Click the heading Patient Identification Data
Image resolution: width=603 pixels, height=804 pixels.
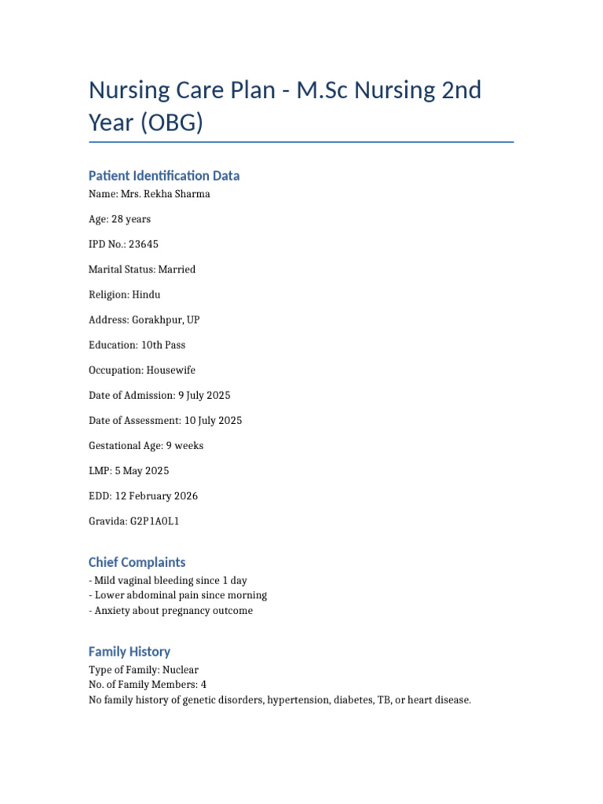pyautogui.click(x=164, y=175)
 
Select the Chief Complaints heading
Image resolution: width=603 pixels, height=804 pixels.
pyautogui.click(x=137, y=562)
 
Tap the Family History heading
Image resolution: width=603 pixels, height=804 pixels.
pyautogui.click(x=130, y=652)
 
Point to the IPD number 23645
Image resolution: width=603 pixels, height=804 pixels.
pyautogui.click(x=144, y=244)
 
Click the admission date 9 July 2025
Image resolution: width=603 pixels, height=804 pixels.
pyautogui.click(x=204, y=395)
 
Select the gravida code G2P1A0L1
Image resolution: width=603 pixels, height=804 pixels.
pyautogui.click(x=157, y=521)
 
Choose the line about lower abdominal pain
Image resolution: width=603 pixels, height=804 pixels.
pyautogui.click(x=181, y=595)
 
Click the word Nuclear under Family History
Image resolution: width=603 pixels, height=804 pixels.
pyautogui.click(x=185, y=670)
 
